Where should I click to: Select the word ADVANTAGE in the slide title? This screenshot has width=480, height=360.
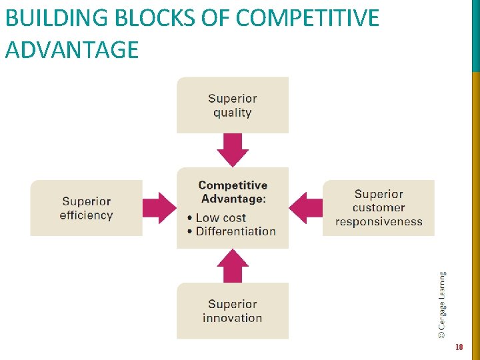tap(72, 49)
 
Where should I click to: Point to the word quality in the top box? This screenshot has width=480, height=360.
tap(232, 113)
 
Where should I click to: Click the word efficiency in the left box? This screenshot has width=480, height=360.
tap(86, 215)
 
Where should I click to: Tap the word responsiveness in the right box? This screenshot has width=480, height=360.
tap(379, 221)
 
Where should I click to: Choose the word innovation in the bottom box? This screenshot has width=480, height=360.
tap(232, 318)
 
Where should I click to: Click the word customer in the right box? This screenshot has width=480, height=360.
tap(379, 208)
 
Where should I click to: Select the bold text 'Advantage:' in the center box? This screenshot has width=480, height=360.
tap(233, 199)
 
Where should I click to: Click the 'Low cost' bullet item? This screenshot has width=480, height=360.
tap(221, 218)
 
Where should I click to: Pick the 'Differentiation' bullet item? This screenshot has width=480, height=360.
tap(235, 231)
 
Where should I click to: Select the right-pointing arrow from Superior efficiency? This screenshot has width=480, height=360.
tap(159, 208)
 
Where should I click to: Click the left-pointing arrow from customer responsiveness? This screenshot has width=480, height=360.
tap(306, 208)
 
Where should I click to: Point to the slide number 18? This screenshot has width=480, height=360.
tap(458, 347)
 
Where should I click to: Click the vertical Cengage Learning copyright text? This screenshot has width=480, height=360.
tap(442, 304)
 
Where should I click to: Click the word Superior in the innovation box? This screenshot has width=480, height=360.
tap(232, 304)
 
